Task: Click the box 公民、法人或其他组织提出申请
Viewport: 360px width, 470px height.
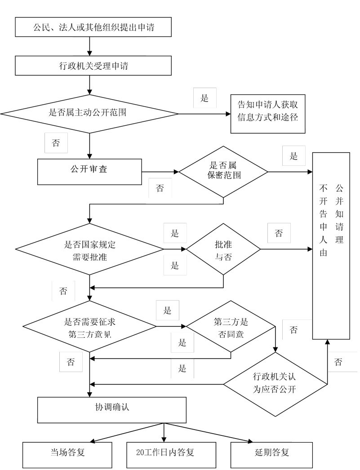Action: click(93, 27)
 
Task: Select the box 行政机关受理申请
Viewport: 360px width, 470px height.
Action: click(93, 66)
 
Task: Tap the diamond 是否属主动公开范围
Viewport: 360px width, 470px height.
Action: click(89, 114)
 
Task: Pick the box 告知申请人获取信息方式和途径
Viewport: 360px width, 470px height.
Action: click(268, 114)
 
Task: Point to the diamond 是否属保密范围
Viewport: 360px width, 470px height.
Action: click(223, 172)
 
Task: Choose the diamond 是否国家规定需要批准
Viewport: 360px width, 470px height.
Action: click(89, 249)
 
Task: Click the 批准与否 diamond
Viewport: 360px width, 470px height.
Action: click(223, 249)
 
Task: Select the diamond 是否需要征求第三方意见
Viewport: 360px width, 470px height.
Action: click(89, 326)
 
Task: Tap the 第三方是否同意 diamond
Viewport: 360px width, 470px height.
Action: click(231, 326)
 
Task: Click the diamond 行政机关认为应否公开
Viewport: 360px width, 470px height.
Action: click(275, 384)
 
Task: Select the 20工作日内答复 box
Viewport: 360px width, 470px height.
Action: click(165, 455)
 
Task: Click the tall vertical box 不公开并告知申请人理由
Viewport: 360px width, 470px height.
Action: click(331, 246)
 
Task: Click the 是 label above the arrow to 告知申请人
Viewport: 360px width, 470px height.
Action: click(204, 98)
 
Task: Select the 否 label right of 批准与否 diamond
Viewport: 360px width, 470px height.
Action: click(279, 233)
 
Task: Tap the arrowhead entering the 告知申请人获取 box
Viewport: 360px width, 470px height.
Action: click(227, 114)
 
